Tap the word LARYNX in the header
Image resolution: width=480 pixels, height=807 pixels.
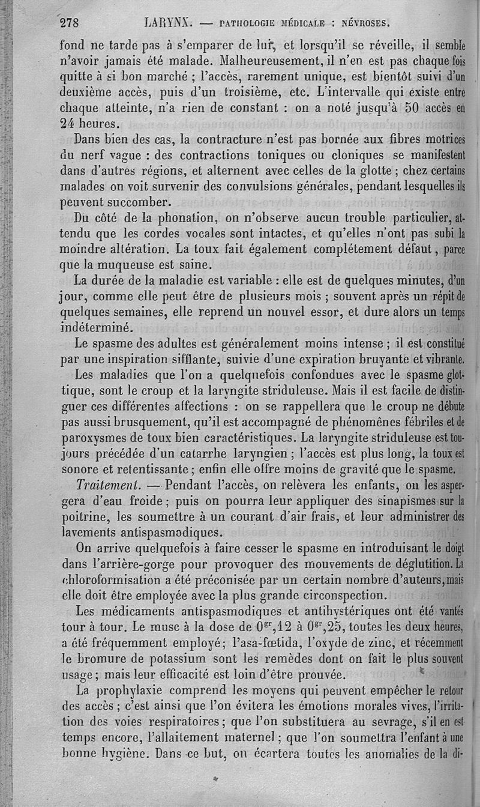tap(167, 23)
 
